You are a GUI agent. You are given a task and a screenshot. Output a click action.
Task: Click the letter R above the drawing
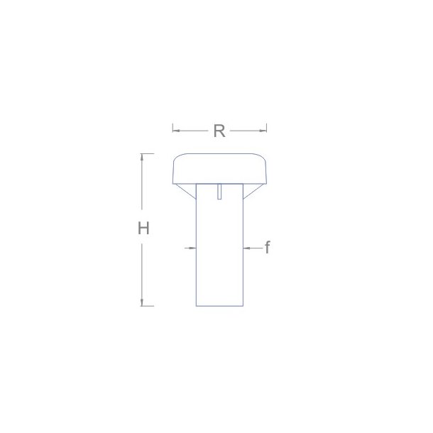(219, 131)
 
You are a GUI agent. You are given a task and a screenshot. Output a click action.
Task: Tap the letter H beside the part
(143, 229)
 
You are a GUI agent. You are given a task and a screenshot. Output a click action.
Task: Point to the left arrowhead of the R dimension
(175, 131)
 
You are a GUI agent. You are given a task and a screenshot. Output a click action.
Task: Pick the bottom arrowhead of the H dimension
(143, 302)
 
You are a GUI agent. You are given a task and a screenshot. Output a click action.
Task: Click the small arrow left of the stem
(191, 248)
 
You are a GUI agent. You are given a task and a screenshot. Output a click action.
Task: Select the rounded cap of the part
(219, 169)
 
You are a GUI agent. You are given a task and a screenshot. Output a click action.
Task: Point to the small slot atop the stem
(221, 191)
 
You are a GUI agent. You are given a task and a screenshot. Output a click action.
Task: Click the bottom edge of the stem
(219, 306)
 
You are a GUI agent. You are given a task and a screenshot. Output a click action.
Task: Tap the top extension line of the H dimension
(147, 153)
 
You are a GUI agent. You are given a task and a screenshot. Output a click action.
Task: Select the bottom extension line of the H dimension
(147, 306)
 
